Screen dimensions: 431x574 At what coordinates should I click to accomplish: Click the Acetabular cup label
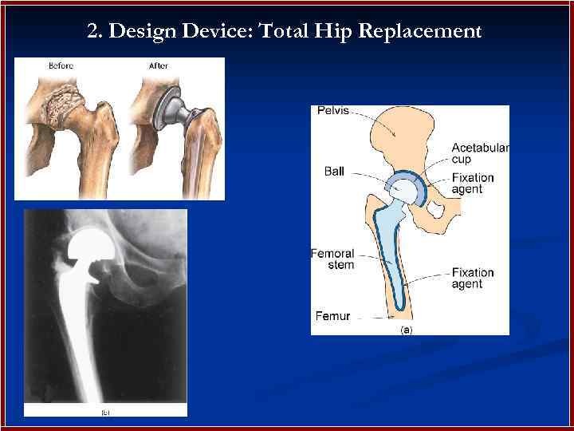click(x=479, y=153)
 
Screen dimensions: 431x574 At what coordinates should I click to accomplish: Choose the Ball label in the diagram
click(x=334, y=171)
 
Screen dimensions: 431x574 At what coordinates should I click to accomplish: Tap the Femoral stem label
click(x=332, y=259)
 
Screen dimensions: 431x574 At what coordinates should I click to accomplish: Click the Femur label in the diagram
click(x=332, y=316)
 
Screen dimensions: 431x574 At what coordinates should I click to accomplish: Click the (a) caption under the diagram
click(x=405, y=329)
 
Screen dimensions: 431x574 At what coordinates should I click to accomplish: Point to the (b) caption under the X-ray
click(x=104, y=412)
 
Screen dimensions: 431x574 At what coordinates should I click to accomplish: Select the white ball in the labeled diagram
click(x=403, y=191)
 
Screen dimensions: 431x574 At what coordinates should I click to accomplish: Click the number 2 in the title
click(x=92, y=32)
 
